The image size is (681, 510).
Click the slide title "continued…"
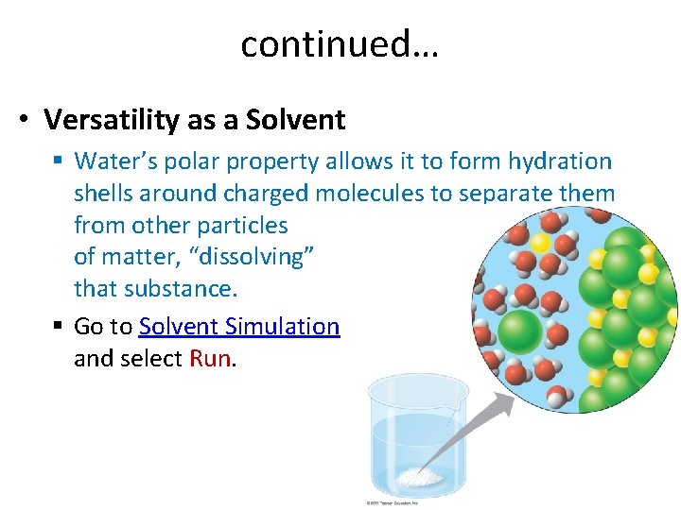340,43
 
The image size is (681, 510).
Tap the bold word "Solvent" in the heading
295,120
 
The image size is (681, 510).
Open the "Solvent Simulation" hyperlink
239,327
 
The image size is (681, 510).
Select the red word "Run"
210,359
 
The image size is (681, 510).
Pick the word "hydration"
558,161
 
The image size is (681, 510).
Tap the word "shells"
105,194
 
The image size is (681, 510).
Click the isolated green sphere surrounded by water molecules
518,331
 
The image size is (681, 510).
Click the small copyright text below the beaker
397,502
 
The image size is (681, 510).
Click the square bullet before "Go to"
59,327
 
